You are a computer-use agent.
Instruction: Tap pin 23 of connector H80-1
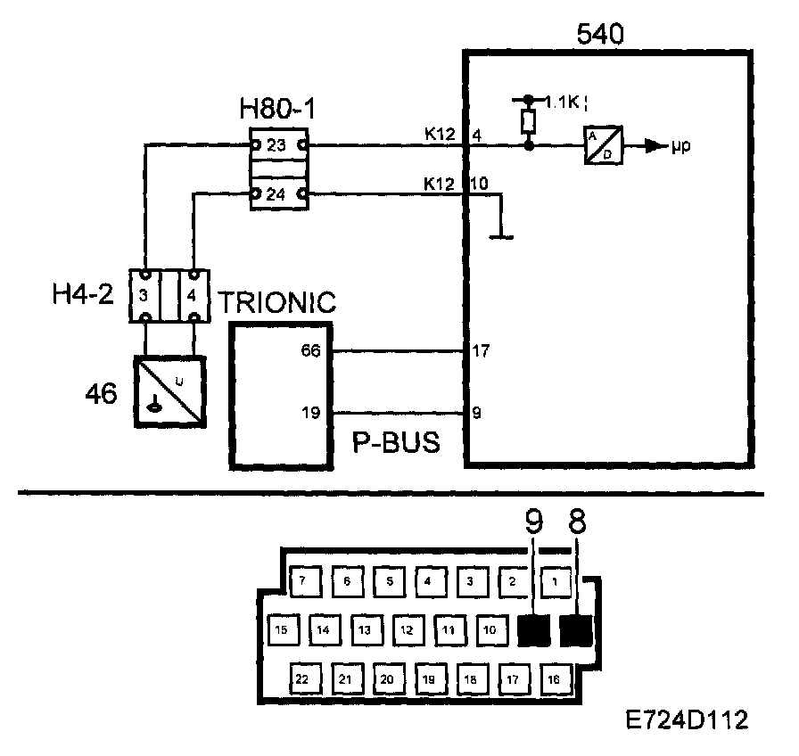coord(277,144)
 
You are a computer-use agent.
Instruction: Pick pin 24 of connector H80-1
coord(277,193)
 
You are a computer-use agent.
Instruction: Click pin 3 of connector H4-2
coord(144,294)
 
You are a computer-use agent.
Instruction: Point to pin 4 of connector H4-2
coord(194,294)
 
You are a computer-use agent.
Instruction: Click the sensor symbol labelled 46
coord(169,390)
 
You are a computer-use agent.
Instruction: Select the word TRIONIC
coord(277,301)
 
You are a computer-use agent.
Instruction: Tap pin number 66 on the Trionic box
coord(311,351)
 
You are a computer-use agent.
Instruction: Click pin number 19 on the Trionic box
coord(311,413)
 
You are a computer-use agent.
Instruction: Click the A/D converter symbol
coord(603,144)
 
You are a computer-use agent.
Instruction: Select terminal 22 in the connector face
coord(303,679)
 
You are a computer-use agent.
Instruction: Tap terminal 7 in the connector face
coord(303,580)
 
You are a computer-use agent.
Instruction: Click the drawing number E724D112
coord(687,719)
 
